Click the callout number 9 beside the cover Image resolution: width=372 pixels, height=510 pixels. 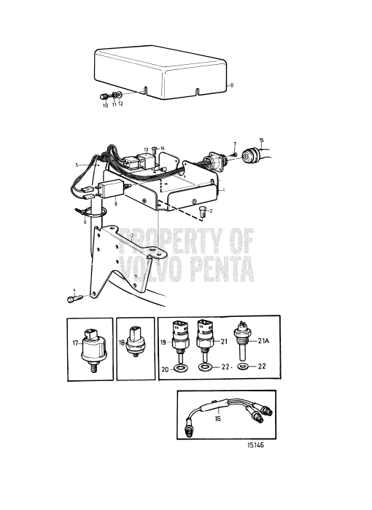point(231,85)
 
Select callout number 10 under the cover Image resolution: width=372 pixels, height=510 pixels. point(105,106)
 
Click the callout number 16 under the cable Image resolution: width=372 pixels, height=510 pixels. point(218,420)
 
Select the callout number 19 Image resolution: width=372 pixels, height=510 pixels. point(165,342)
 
